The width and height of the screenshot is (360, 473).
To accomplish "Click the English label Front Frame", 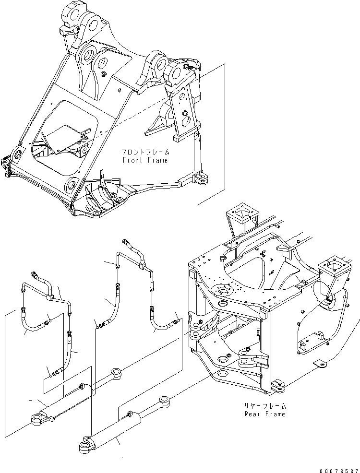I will pyautogui.click(x=145, y=160).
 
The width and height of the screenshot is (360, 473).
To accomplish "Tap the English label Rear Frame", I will pyautogui.click(x=264, y=414).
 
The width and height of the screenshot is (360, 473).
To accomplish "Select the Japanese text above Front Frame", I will pyautogui.click(x=145, y=152).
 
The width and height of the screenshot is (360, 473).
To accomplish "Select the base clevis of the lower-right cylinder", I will pyautogui.click(x=85, y=446).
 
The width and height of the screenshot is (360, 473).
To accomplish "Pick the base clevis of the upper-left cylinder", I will pyautogui.click(x=38, y=419).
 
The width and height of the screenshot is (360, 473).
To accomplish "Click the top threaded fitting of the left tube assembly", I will pyautogui.click(x=35, y=275).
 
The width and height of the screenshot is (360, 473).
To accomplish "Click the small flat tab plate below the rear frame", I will pyautogui.click(x=319, y=365).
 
